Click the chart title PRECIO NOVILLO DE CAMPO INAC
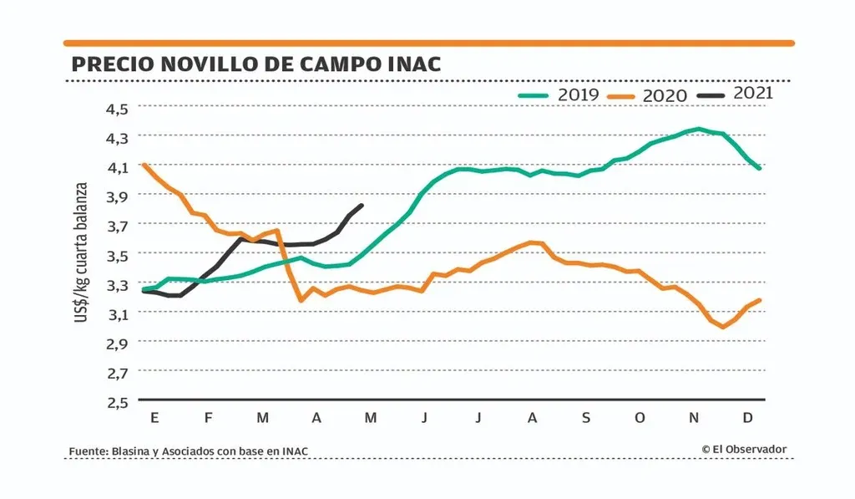click(x=255, y=64)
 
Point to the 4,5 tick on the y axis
click(x=117, y=108)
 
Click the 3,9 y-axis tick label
click(x=117, y=196)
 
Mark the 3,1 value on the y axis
click(x=117, y=313)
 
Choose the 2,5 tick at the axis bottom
click(x=117, y=402)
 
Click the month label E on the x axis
click(x=154, y=417)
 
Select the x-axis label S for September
click(x=585, y=417)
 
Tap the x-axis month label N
click(x=694, y=417)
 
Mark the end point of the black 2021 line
click(x=362, y=205)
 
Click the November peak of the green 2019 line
click(x=698, y=129)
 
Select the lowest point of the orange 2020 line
click(x=722, y=327)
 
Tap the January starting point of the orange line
click(x=144, y=165)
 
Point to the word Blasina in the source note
click(x=129, y=452)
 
